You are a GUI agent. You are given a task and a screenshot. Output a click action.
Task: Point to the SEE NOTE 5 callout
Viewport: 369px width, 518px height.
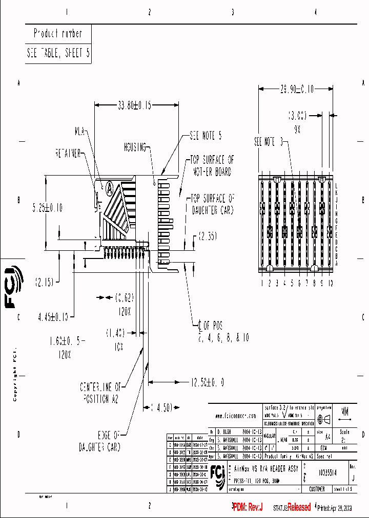tap(206, 136)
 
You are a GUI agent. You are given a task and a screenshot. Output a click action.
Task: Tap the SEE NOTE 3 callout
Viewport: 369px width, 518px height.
tap(269, 142)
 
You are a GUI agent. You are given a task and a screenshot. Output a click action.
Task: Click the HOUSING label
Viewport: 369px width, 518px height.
tap(135, 146)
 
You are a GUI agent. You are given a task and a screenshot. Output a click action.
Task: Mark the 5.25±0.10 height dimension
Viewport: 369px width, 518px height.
tap(47, 207)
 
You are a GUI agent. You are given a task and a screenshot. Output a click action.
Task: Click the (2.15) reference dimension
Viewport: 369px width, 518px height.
tap(45, 282)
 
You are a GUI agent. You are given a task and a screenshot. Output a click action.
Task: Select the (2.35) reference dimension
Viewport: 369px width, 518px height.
tap(208, 237)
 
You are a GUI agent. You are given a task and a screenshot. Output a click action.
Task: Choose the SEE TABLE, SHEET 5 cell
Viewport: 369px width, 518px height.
tap(58, 53)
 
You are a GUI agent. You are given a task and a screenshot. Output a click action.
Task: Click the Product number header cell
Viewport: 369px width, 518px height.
tap(58, 34)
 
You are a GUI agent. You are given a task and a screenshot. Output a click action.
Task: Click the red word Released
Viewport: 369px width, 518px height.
tap(299, 507)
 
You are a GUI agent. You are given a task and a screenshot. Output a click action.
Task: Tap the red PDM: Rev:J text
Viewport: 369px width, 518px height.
tap(248, 507)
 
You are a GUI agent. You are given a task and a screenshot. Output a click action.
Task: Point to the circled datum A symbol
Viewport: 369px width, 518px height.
tap(109, 187)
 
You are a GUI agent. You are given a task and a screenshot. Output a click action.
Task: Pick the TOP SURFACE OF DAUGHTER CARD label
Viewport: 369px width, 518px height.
tap(213, 203)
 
